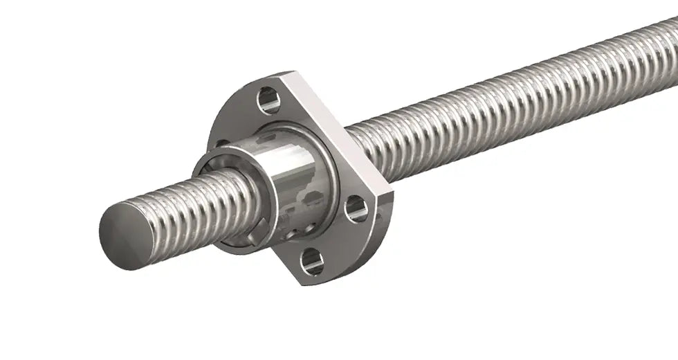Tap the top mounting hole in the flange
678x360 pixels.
(268, 100)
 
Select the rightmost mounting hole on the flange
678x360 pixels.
(356, 208)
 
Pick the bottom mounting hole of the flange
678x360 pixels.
(312, 261)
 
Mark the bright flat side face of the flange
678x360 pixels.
(339, 132)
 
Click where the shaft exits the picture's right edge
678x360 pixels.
(671, 42)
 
